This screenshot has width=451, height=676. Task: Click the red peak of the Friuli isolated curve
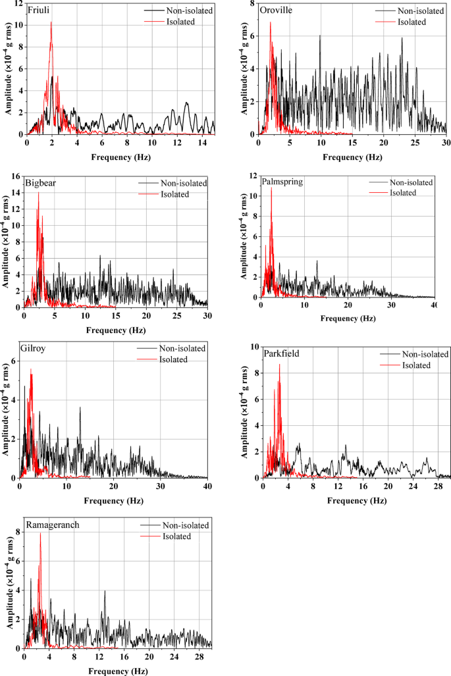(x=51, y=22)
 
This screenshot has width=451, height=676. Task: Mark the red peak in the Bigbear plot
(x=38, y=192)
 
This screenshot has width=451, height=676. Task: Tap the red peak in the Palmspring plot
(x=271, y=188)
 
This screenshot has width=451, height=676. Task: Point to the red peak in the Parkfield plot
(x=280, y=365)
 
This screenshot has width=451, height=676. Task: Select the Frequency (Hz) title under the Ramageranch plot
(x=117, y=671)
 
